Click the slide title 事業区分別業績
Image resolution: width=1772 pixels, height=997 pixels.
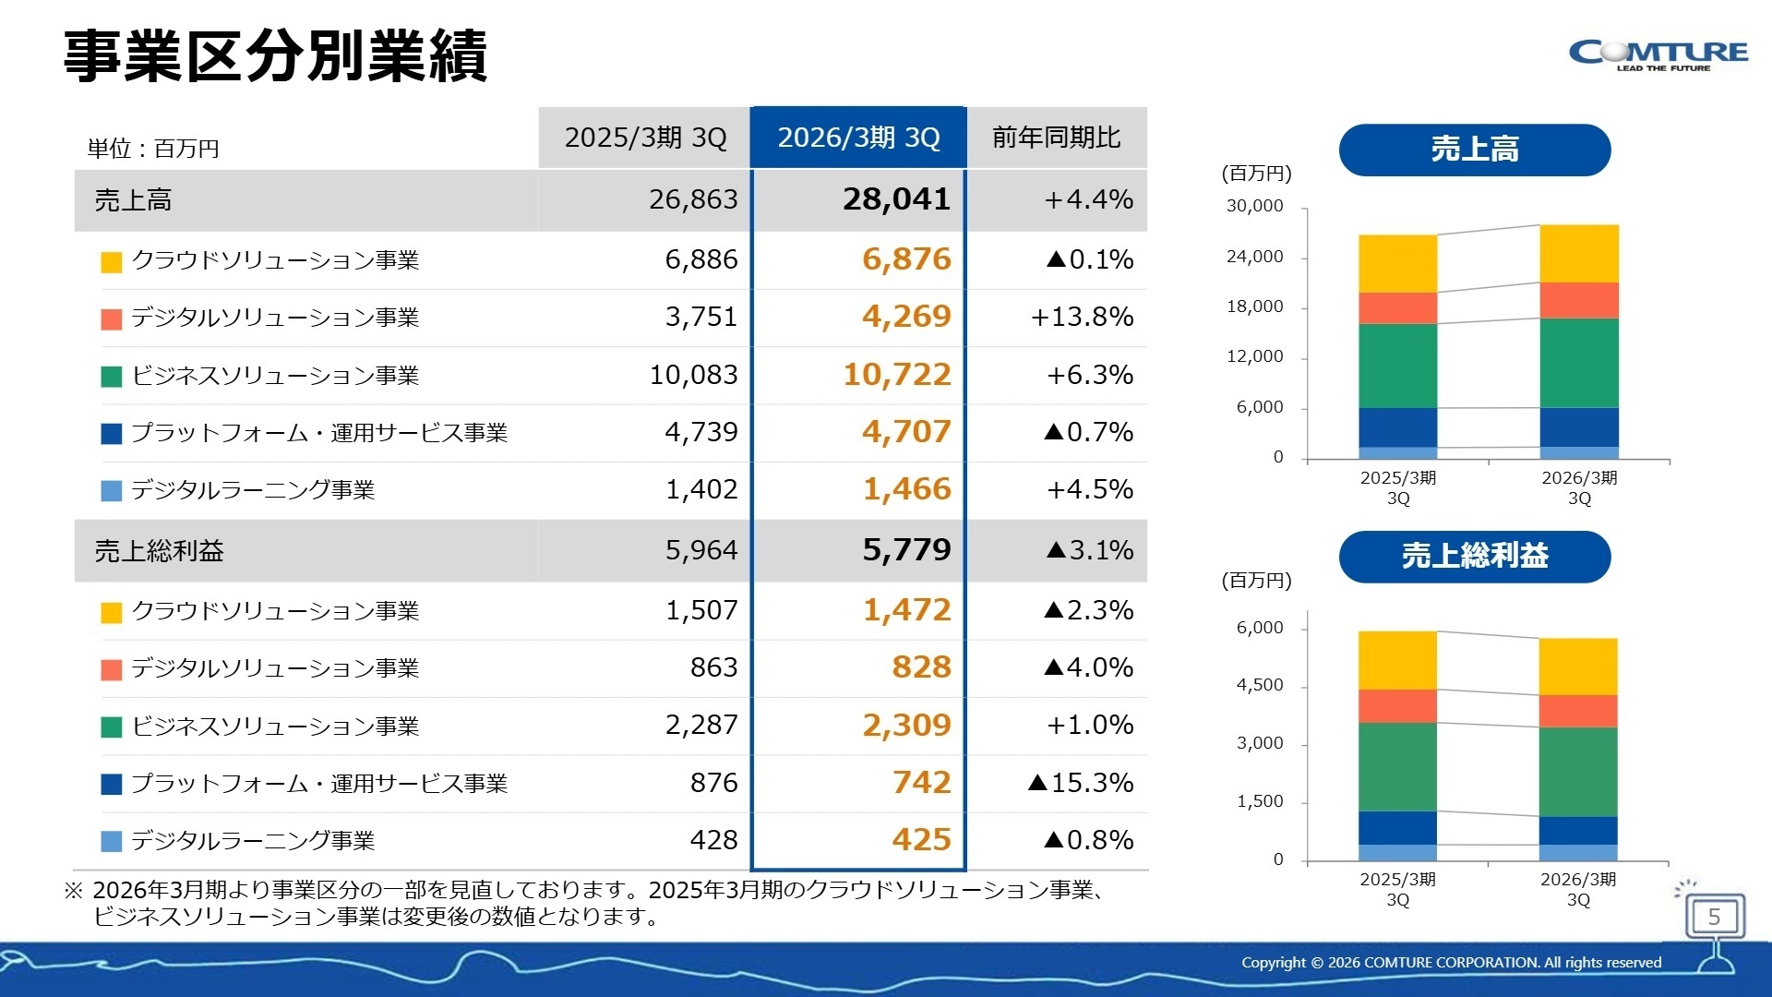pyautogui.click(x=275, y=57)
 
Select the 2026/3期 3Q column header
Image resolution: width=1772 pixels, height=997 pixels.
pyautogui.click(x=858, y=138)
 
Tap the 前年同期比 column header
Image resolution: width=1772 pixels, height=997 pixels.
pyautogui.click(x=1057, y=138)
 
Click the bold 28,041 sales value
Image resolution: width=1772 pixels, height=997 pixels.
pyautogui.click(x=895, y=199)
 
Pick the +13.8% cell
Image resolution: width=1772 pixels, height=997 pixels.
pyautogui.click(x=1082, y=317)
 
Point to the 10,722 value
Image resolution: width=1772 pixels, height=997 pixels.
pyautogui.click(x=896, y=375)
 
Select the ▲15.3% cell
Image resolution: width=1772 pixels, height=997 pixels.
pyautogui.click(x=1080, y=783)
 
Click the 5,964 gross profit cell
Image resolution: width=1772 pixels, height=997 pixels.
pyautogui.click(x=700, y=550)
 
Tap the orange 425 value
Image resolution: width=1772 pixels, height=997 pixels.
pyautogui.click(x=920, y=840)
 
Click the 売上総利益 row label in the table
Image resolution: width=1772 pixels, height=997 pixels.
pyautogui.click(x=159, y=551)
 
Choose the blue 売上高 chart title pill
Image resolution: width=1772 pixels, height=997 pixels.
pyautogui.click(x=1474, y=150)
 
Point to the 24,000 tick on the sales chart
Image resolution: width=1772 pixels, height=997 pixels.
pyautogui.click(x=1254, y=257)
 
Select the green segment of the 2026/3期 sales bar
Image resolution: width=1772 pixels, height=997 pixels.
pyautogui.click(x=1578, y=363)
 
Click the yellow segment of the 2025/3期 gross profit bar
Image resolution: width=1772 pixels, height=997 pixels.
pyautogui.click(x=1397, y=660)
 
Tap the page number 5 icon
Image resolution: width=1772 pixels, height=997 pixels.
pyautogui.click(x=1714, y=917)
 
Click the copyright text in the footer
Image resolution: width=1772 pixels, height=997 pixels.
pyautogui.click(x=1451, y=962)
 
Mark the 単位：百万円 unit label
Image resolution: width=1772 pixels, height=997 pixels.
pyautogui.click(x=153, y=149)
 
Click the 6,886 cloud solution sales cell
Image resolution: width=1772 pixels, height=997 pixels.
pyautogui.click(x=700, y=259)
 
